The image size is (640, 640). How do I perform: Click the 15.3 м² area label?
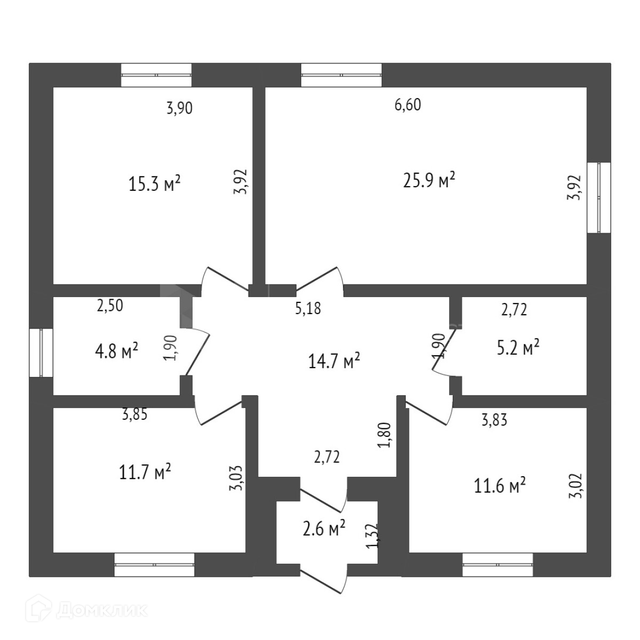click(155, 184)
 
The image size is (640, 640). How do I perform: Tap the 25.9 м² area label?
click(429, 180)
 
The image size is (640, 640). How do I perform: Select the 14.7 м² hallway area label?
click(334, 361)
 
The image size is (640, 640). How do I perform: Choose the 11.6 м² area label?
click(500, 485)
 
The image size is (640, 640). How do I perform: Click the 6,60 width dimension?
click(407, 105)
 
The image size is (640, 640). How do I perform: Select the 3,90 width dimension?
click(179, 108)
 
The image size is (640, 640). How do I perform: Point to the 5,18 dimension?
click(308, 308)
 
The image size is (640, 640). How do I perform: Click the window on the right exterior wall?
click(598, 197)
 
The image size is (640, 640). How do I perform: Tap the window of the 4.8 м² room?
click(41, 353)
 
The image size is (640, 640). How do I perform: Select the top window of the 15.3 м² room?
click(156, 75)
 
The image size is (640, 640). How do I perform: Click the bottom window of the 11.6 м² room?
click(498, 565)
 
